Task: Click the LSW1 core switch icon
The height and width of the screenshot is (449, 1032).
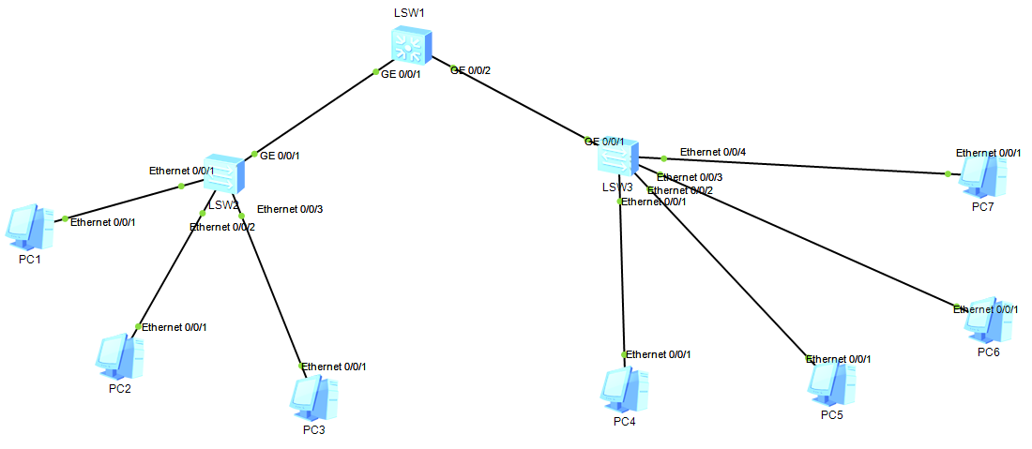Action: [x=411, y=45]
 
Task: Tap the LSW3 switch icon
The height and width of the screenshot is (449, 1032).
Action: [x=618, y=157]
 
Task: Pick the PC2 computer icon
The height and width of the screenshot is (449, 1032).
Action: [x=119, y=356]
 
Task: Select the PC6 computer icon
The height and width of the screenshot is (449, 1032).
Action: [x=988, y=322]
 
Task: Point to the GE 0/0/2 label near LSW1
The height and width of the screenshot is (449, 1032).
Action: [x=471, y=70]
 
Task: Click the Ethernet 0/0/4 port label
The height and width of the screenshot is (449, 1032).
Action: [x=713, y=152]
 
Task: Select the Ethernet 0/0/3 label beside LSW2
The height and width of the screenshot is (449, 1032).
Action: [x=290, y=208]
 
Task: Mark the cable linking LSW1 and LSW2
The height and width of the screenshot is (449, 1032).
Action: [x=314, y=113]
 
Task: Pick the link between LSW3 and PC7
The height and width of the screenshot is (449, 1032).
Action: [x=807, y=166]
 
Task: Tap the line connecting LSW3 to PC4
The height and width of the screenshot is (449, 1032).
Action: [x=621, y=281]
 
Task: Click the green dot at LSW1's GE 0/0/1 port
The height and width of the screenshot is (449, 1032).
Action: [x=375, y=72]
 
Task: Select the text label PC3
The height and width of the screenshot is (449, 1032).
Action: [x=313, y=430]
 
